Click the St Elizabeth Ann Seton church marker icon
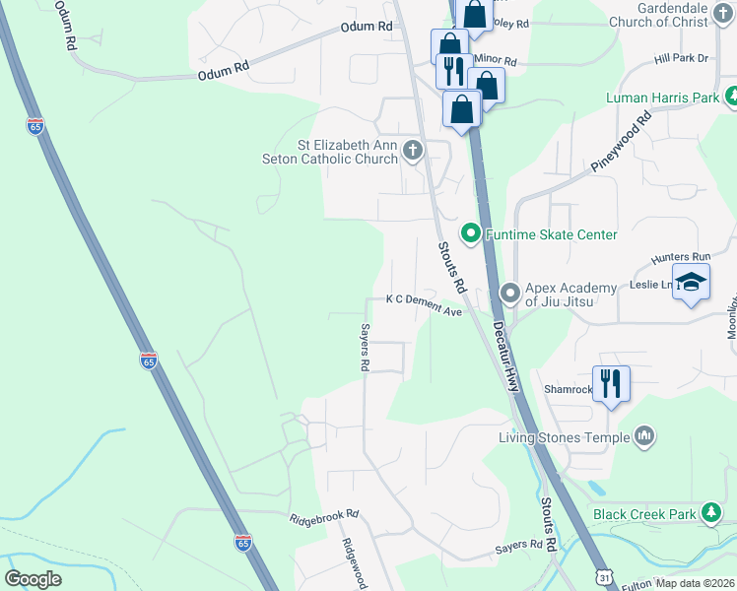coord(413,151)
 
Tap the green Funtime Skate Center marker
coord(471,234)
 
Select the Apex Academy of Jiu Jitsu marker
coord(510,293)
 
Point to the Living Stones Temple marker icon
coord(645,435)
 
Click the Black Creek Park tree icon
coord(710,513)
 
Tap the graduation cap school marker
coord(691,282)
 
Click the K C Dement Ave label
coord(424,311)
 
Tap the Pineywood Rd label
coord(622,143)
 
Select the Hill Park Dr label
coord(682,59)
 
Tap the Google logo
coord(33,578)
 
